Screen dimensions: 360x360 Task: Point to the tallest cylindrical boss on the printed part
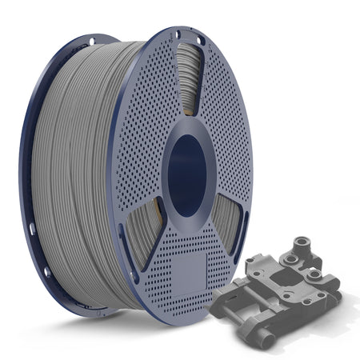tap(302, 243)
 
